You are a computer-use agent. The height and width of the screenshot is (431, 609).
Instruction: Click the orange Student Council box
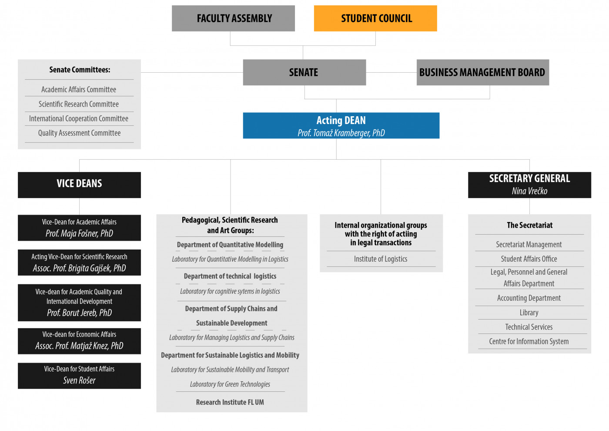point(375,18)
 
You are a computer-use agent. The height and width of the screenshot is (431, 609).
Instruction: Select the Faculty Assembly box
point(233,18)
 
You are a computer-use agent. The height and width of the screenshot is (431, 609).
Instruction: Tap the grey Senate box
point(304,72)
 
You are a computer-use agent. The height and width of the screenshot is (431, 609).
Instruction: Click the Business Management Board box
point(483,72)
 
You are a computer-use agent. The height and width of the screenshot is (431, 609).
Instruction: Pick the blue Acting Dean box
point(341,125)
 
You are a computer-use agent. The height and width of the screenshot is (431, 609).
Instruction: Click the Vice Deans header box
point(79,185)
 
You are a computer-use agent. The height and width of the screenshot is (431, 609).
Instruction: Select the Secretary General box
point(530,185)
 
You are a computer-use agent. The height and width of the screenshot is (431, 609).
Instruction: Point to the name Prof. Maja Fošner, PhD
point(79,233)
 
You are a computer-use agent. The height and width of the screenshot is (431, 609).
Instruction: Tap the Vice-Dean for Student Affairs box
point(79,376)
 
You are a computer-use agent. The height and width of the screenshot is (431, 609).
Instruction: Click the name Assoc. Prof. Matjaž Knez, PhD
point(79,346)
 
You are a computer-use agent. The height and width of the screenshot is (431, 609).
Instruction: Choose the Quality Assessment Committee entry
point(79,133)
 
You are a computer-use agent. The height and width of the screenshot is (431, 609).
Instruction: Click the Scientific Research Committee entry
point(79,104)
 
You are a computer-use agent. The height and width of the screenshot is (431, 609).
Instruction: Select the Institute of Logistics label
point(381,259)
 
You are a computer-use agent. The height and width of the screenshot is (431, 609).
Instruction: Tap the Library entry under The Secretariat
point(529,313)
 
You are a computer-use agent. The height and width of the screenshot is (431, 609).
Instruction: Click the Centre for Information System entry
point(529,341)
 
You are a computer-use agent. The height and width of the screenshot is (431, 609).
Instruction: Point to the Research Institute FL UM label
point(230,402)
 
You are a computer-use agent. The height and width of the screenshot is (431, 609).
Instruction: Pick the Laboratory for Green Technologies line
point(230,384)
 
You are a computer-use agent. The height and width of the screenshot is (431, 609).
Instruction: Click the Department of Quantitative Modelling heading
point(230,245)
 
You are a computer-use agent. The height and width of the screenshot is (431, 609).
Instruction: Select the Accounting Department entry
point(529,298)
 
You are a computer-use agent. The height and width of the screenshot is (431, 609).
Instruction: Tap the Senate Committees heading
point(80,70)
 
